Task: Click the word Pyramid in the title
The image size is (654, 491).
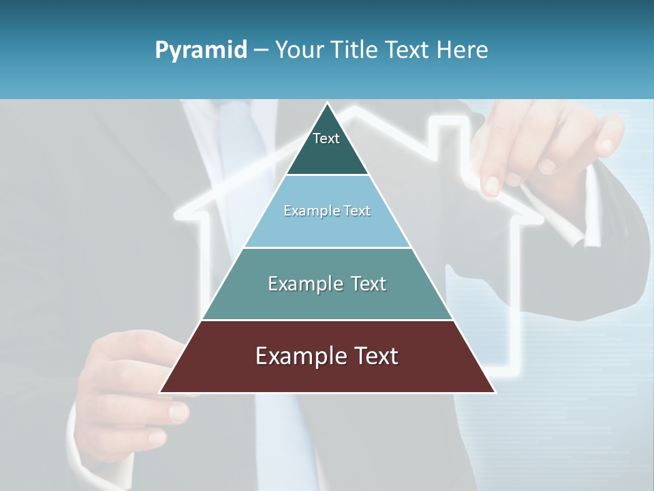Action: tap(200, 50)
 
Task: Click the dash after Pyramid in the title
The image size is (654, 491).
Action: tap(261, 50)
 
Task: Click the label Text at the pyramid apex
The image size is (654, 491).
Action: tap(326, 138)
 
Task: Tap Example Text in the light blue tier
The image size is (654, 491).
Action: tap(327, 211)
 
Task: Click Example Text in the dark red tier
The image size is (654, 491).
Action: tap(327, 356)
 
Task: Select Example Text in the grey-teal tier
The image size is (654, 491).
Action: tap(327, 284)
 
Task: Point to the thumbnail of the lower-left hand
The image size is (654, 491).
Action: tap(178, 411)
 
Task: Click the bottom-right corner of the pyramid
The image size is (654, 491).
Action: tap(495, 392)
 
